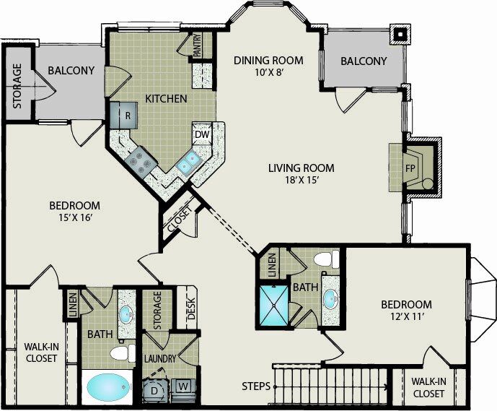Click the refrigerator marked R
tap(124, 115)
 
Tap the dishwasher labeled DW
tap(202, 134)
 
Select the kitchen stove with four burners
tap(141, 162)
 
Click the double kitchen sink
tap(188, 162)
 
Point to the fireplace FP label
tap(410, 168)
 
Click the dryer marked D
tap(154, 390)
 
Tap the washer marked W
tap(183, 386)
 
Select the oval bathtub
tap(110, 387)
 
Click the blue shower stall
tap(274, 306)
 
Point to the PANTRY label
tap(197, 45)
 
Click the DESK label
tap(191, 308)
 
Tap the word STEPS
tap(256, 386)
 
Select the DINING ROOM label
tap(268, 60)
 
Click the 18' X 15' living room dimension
tap(302, 181)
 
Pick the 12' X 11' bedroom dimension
tap(407, 316)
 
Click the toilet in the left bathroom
tap(123, 353)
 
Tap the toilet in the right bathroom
tap(327, 259)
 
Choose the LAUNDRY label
tap(159, 359)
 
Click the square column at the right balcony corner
tap(400, 34)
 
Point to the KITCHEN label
tap(166, 99)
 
